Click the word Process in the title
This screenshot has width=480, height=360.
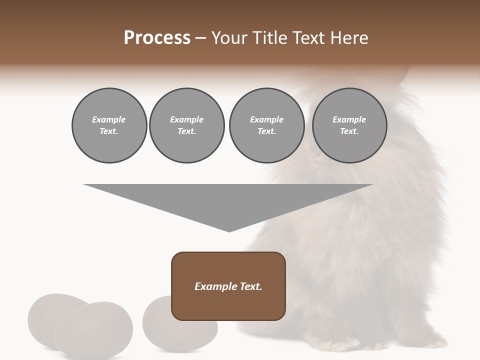[157, 38]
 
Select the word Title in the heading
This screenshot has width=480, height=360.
[270, 38]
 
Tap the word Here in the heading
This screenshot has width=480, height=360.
[349, 38]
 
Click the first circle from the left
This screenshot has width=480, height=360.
[109, 125]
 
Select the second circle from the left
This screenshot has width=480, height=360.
[186, 125]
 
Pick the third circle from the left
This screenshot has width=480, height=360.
[266, 125]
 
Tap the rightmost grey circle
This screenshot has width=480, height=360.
[349, 125]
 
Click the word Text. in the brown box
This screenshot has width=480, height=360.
[251, 286]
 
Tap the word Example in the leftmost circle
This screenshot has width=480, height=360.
[109, 119]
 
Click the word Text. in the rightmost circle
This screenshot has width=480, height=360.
[349, 131]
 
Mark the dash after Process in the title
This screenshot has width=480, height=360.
[200, 38]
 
